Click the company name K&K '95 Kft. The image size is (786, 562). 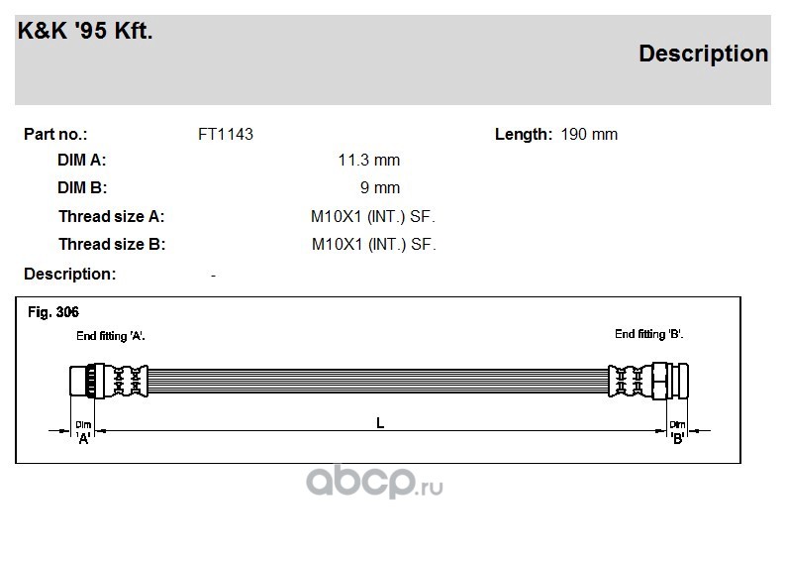(85, 31)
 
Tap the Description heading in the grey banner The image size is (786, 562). (703, 55)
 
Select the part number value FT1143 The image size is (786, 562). (226, 135)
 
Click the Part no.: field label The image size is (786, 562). (55, 135)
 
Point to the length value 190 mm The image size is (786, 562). (589, 135)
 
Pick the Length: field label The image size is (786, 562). (524, 135)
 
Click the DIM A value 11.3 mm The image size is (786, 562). (369, 161)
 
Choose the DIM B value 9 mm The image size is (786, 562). (380, 188)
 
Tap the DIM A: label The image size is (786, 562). (82, 161)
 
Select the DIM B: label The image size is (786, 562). (82, 188)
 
